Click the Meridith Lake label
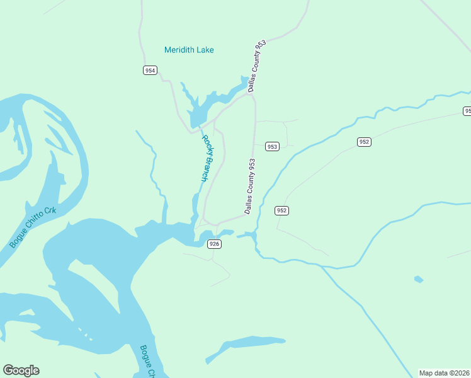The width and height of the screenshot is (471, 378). (x=189, y=50)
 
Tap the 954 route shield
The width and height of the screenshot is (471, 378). (x=150, y=71)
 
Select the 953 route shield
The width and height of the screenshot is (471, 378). (x=271, y=146)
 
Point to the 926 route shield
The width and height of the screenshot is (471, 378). (x=214, y=244)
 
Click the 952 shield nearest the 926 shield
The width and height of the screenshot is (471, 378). (x=281, y=210)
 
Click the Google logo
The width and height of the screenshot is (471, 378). (x=21, y=370)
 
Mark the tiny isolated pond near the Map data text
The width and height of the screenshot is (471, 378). (x=419, y=279)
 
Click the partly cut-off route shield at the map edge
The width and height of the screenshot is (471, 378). (x=467, y=111)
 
